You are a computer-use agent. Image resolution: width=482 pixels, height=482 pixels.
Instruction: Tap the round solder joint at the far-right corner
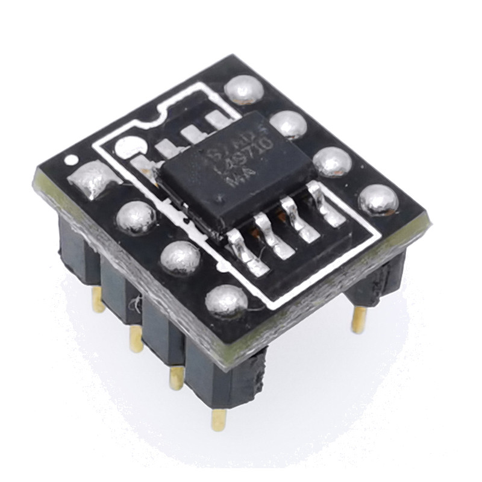click(x=378, y=199)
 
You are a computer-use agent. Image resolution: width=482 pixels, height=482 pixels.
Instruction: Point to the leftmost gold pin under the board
click(x=98, y=300)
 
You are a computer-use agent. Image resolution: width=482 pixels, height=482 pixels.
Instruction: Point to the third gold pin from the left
click(x=176, y=377)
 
